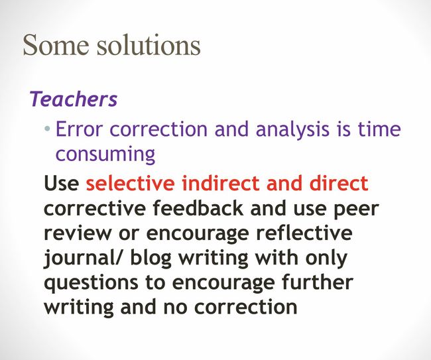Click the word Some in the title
pyautogui.click(x=56, y=44)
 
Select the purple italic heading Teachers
pyautogui.click(x=74, y=99)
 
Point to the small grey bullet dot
pyautogui.click(x=48, y=128)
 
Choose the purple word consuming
pyautogui.click(x=105, y=154)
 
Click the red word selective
pyautogui.click(x=130, y=183)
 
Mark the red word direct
pyautogui.click(x=339, y=183)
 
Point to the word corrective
pyautogui.click(x=95, y=209)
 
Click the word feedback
pyautogui.click(x=198, y=208)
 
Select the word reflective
pyautogui.click(x=304, y=233)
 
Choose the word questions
pyautogui.click(x=91, y=283)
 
